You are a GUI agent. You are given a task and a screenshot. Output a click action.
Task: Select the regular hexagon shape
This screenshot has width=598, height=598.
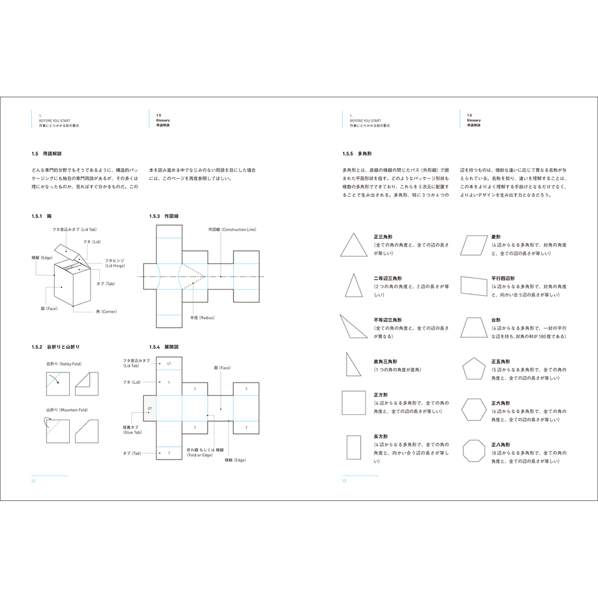pos(474,410)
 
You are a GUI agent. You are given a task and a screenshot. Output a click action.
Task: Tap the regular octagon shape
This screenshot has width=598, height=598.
pos(474,451)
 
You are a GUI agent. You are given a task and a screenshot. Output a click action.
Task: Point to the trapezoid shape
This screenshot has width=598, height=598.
pos(474,328)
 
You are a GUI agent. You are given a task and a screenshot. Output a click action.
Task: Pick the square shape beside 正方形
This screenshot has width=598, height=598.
pos(354,403)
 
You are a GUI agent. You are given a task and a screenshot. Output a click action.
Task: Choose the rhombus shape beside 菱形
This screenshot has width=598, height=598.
pos(474,245)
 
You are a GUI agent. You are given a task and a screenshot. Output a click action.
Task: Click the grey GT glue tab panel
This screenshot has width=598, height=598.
pos(149,408)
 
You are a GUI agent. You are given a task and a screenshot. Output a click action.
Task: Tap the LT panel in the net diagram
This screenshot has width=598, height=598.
pos(169,363)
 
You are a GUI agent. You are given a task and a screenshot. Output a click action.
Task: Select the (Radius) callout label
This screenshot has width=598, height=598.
pos(202,318)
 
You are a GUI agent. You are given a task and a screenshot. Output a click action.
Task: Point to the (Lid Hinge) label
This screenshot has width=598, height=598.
pos(115,266)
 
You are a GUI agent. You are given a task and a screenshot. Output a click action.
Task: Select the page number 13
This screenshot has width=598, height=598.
pos(344,481)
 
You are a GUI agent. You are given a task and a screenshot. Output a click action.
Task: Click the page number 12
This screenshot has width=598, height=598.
pos(33,481)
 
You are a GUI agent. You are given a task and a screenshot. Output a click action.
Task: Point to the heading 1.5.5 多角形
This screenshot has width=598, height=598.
pos(357,154)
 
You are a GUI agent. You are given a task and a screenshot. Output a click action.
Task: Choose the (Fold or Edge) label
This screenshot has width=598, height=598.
pos(200,455)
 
